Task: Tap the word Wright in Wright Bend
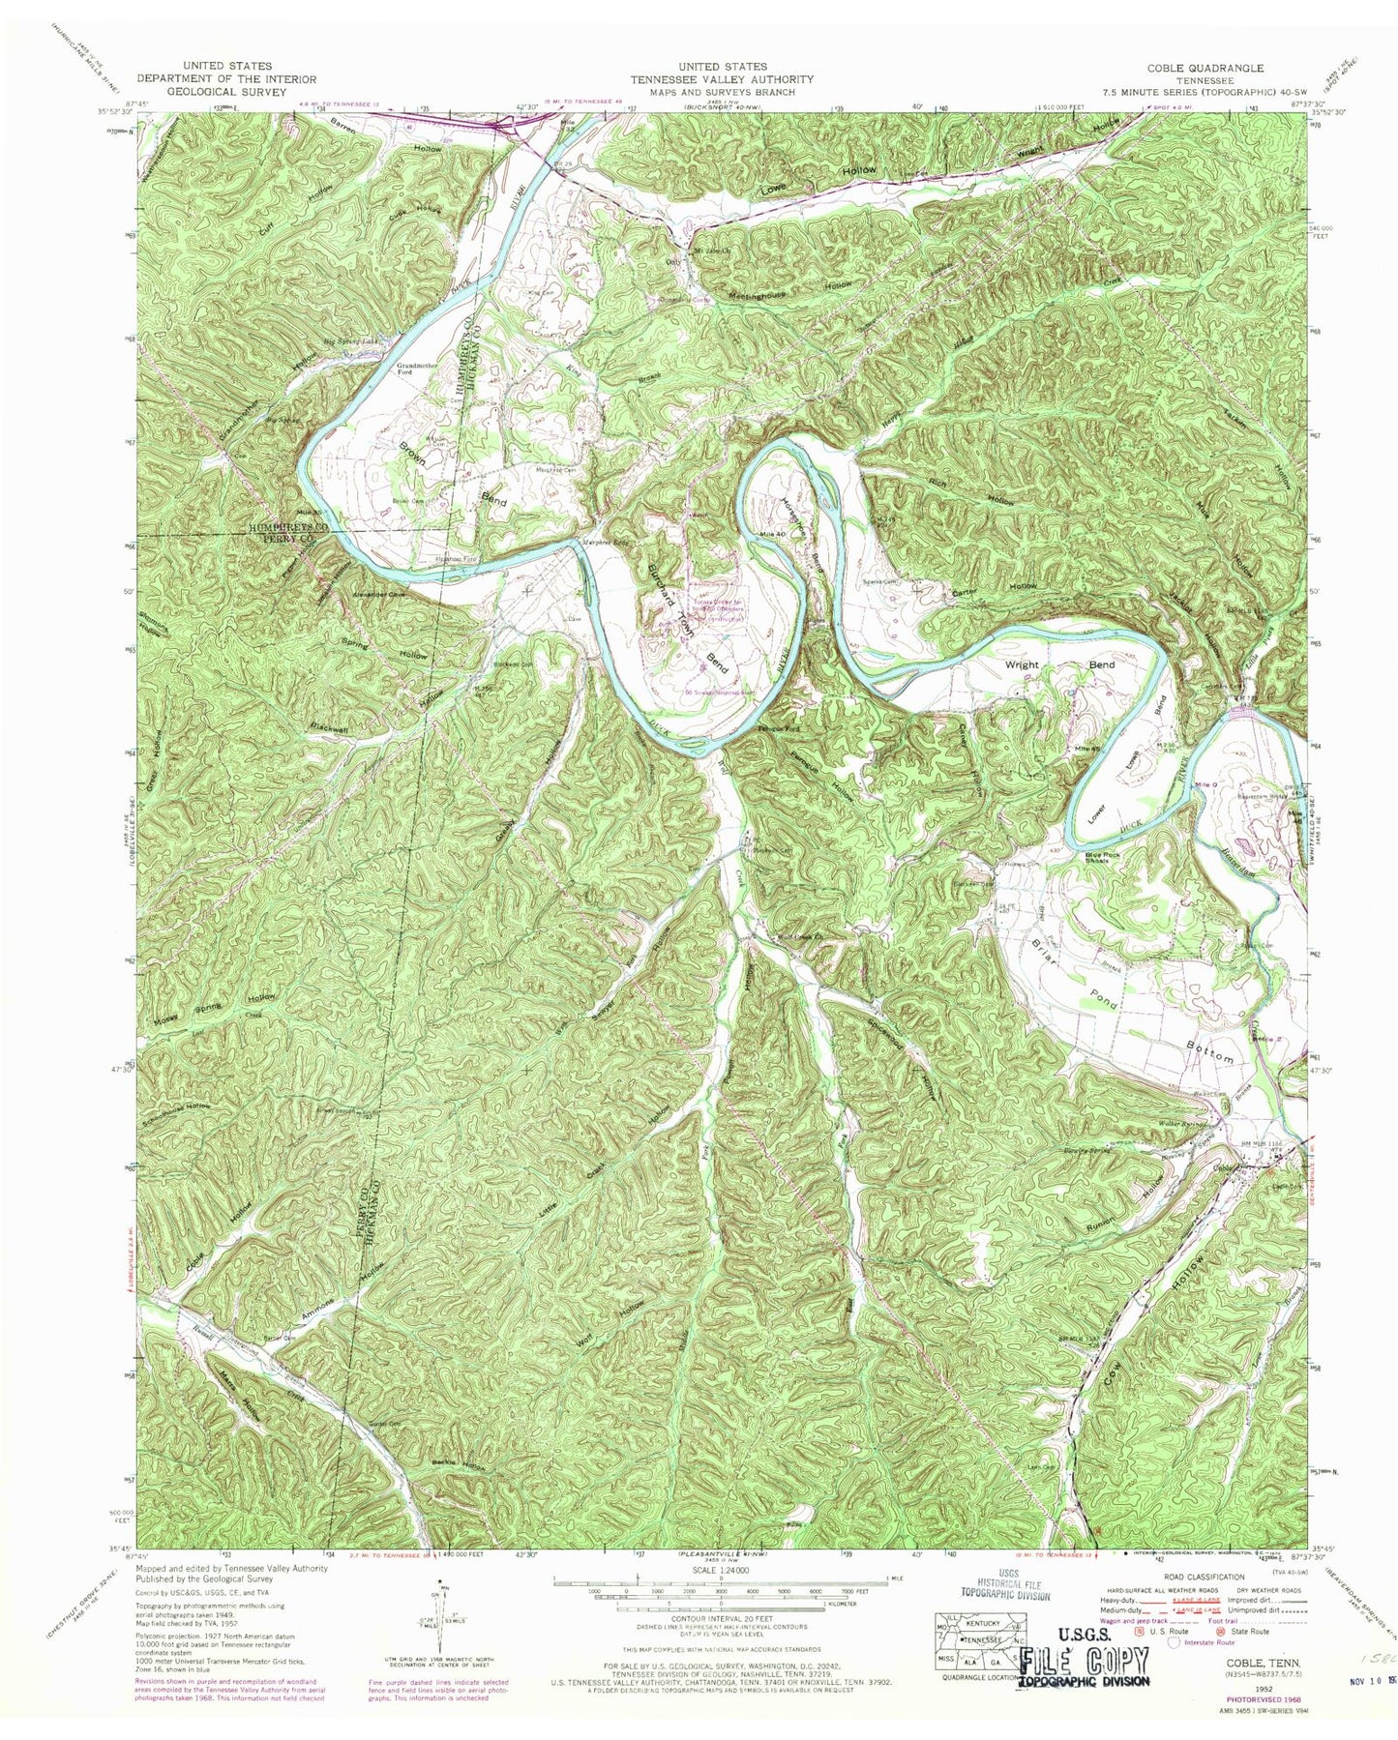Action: (x=1022, y=665)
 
